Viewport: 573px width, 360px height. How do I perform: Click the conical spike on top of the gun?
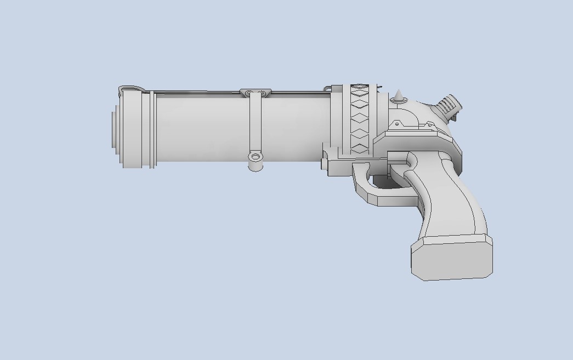click(x=399, y=96)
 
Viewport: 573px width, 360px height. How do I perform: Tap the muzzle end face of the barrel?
click(x=114, y=129)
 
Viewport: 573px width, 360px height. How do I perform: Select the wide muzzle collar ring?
click(x=132, y=129)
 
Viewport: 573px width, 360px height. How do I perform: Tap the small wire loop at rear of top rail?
click(x=328, y=87)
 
